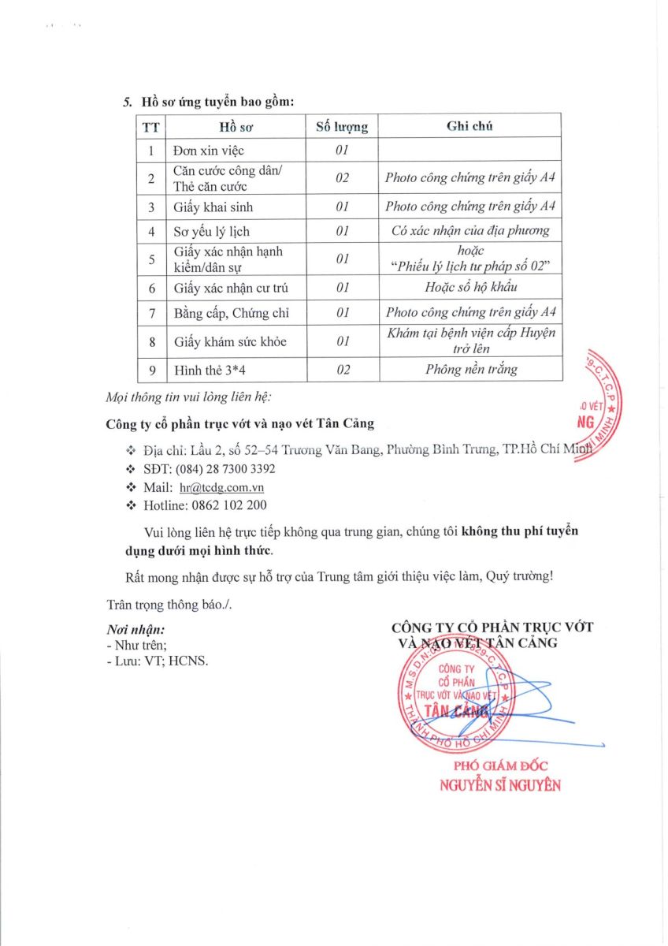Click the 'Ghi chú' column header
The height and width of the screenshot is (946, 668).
pos(469,125)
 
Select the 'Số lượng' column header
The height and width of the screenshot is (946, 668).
pos(341,126)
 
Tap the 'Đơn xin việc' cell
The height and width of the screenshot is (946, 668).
pos(209,150)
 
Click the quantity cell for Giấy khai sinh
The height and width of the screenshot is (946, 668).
pos(342,207)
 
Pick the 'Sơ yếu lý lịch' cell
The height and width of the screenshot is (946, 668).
pos(211,232)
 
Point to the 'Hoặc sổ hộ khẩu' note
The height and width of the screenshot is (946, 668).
pos(470,288)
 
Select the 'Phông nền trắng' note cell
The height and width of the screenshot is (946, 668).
pos(470,369)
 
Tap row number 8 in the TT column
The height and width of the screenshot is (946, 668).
pos(150,341)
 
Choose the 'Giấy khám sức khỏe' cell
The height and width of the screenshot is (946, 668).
pos(229,341)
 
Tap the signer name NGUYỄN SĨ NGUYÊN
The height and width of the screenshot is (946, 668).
pos(499,785)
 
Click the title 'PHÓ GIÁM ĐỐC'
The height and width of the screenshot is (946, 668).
pos(500,765)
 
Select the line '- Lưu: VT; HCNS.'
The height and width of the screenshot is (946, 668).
pos(157,661)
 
